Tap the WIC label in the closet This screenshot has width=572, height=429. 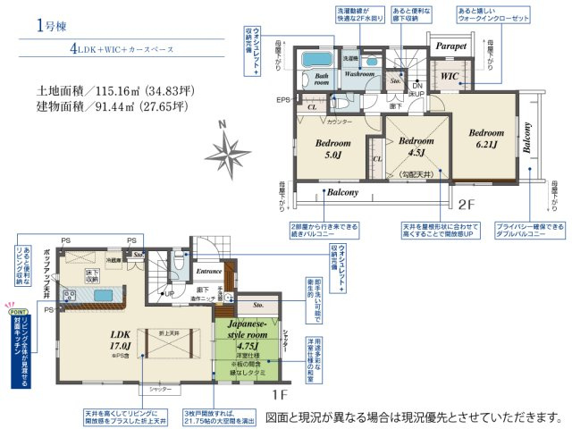coord(449,77)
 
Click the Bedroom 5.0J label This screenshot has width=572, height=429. coord(332,148)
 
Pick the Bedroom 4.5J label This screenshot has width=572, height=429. coord(415,147)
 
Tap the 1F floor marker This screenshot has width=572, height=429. coord(280,391)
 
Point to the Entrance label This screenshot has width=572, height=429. coord(208,270)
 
